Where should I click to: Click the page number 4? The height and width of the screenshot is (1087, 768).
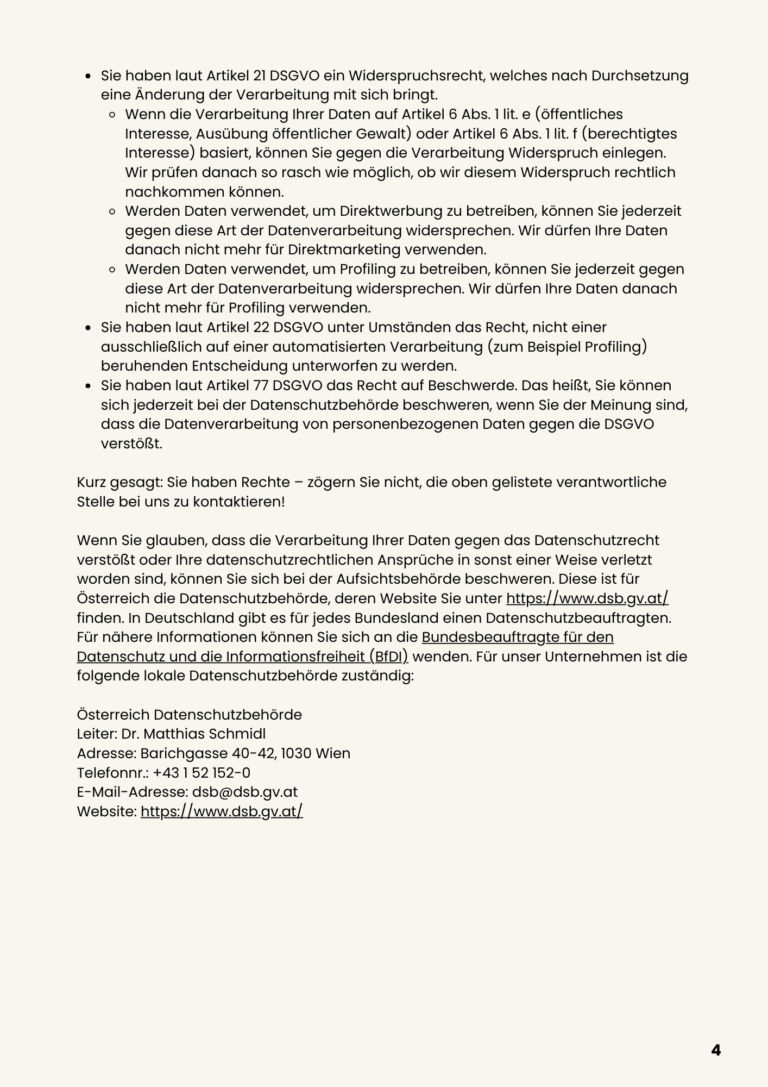pyautogui.click(x=716, y=1050)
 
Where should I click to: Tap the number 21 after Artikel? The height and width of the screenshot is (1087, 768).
pyautogui.click(x=260, y=76)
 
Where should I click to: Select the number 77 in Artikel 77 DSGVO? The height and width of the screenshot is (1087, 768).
pyautogui.click(x=261, y=385)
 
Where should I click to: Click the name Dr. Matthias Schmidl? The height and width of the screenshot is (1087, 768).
pyautogui.click(x=193, y=734)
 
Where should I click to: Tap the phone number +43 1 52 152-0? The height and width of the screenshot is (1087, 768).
pyautogui.click(x=202, y=772)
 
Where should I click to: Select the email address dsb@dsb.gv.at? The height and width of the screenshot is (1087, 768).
pyautogui.click(x=245, y=792)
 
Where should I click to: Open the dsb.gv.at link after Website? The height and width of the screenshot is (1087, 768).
pyautogui.click(x=222, y=811)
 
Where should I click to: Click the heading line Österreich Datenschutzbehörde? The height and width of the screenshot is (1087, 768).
pyautogui.click(x=189, y=714)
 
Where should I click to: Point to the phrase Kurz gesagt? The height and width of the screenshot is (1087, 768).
pyautogui.click(x=119, y=482)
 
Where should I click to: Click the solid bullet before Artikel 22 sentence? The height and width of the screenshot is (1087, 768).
pyautogui.click(x=88, y=328)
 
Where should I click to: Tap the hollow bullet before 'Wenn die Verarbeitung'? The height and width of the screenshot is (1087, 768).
pyautogui.click(x=112, y=115)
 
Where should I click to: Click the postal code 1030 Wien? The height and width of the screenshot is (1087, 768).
pyautogui.click(x=316, y=753)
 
